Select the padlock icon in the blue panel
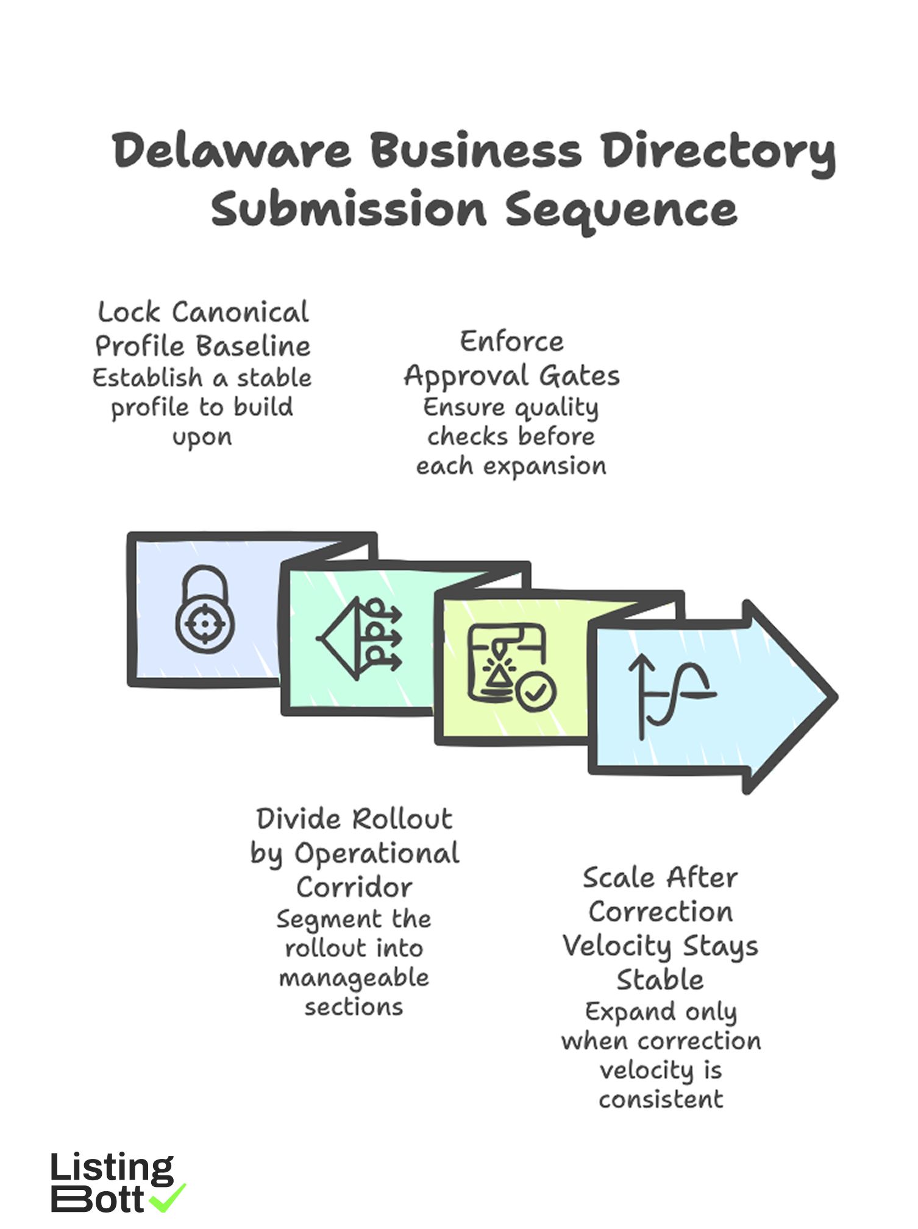point(205,609)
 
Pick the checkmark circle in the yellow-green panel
point(535,692)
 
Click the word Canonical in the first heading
point(240,313)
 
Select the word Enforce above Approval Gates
point(511,341)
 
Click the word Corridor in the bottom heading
point(354,887)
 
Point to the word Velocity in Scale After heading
point(616,946)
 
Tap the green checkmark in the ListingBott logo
point(168,1197)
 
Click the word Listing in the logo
point(112,1168)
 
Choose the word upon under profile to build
point(202,437)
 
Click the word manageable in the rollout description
point(354,978)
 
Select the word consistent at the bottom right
point(661,1099)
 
